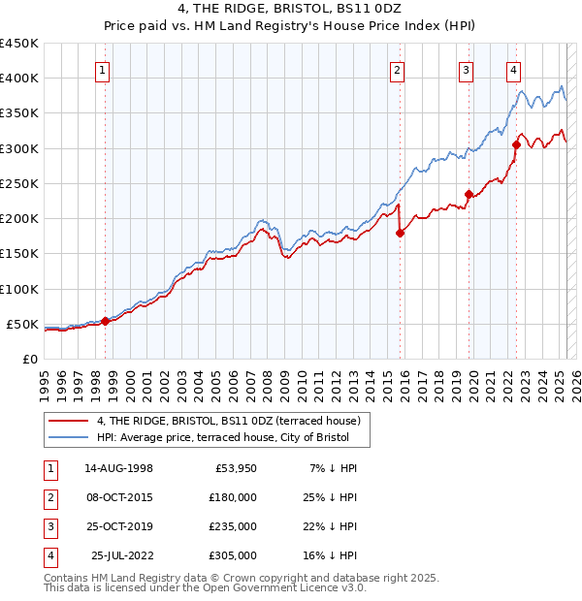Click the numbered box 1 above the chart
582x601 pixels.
(x=102, y=69)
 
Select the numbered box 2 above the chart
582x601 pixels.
(x=398, y=69)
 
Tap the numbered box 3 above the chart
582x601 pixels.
(x=466, y=69)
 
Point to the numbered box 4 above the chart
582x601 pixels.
(x=512, y=69)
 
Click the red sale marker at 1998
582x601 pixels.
(x=105, y=321)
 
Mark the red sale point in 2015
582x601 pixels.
(x=400, y=233)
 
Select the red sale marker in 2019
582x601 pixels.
(x=469, y=194)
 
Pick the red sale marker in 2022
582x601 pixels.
(x=516, y=145)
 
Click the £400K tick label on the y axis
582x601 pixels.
(x=19, y=79)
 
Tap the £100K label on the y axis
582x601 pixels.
(x=19, y=289)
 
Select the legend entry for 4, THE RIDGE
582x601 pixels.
(x=228, y=421)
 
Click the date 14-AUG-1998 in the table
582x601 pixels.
(x=118, y=468)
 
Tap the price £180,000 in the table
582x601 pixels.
(x=233, y=497)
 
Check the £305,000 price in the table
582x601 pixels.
(x=233, y=555)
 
